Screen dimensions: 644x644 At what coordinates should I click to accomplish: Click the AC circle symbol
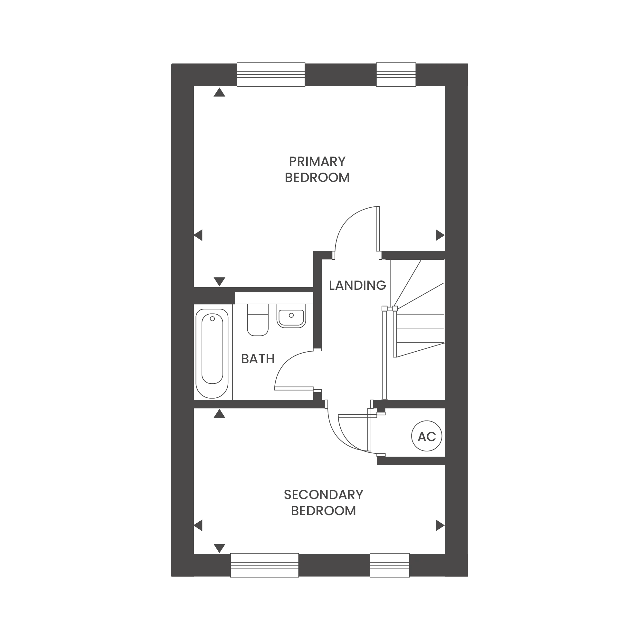click(x=427, y=436)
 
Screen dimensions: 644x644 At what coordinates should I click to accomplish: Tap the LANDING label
click(x=357, y=286)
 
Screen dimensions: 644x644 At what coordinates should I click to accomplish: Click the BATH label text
click(x=258, y=359)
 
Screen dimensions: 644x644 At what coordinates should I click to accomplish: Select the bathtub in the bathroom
click(x=212, y=354)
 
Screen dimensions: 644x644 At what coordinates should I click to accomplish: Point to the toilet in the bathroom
click(x=258, y=320)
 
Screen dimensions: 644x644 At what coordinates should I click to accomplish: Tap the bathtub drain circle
click(x=212, y=319)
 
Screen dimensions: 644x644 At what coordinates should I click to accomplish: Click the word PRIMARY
click(x=317, y=162)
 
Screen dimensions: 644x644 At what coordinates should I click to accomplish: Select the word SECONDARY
click(x=323, y=495)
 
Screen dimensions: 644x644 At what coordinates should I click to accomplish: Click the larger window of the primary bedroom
click(x=271, y=75)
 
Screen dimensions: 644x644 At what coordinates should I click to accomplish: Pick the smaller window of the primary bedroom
click(x=396, y=75)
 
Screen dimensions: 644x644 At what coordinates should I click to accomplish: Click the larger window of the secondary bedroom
click(x=265, y=565)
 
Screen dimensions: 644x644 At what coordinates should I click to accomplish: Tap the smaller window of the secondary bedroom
click(x=390, y=565)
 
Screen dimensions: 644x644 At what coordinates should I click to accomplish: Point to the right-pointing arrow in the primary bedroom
click(x=440, y=235)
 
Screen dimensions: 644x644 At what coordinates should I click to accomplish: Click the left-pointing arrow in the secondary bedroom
click(x=198, y=526)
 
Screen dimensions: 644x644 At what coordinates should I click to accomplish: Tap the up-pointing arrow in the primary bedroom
click(x=219, y=92)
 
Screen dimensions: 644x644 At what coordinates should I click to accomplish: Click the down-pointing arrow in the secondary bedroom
click(x=219, y=548)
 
